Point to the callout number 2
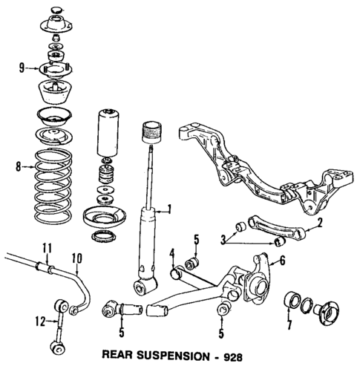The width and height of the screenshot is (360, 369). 320,222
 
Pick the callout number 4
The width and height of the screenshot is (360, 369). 172,258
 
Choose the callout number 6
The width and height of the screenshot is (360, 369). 281,261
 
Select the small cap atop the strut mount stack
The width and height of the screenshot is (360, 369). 55,10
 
